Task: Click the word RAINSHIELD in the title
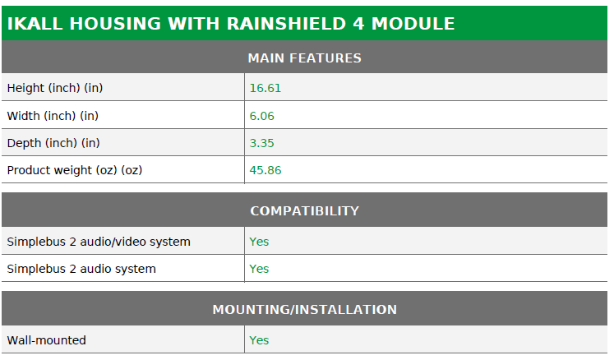pos(286,24)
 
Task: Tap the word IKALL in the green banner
pos(35,24)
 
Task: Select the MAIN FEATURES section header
pos(305,58)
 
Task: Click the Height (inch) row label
pos(55,88)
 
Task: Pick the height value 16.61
pos(265,88)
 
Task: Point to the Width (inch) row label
pos(53,116)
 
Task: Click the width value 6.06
pos(261,116)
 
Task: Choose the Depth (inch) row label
pos(53,143)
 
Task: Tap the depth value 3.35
pos(261,143)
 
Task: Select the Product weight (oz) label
pos(75,170)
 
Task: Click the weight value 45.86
pos(265,170)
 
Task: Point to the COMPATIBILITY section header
pos(305,210)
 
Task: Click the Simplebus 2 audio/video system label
pos(99,242)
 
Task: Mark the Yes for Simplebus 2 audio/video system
pos(259,242)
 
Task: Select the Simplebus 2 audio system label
pos(81,269)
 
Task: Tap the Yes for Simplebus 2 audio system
pos(259,269)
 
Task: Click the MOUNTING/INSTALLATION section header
pos(305,310)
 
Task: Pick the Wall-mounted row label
pos(47,340)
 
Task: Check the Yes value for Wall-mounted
pos(259,340)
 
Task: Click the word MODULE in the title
pos(413,24)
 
